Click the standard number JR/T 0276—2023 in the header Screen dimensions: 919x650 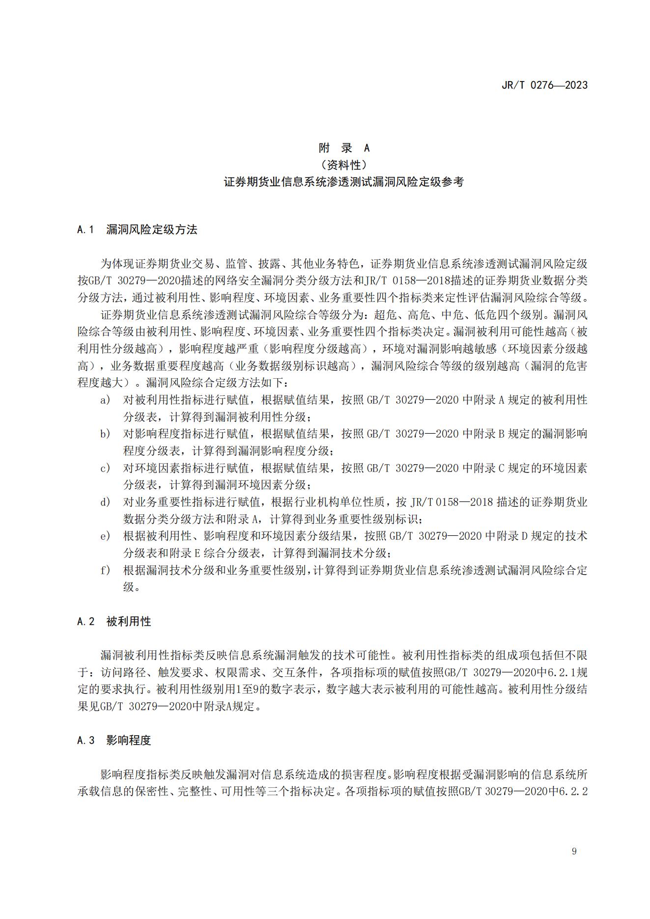pos(544,85)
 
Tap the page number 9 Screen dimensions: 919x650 pos(574,851)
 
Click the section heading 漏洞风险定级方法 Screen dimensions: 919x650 pos(151,229)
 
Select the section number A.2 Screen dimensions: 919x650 pos(86,621)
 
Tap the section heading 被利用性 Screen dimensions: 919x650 pos(129,621)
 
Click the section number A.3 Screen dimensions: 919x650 pos(86,740)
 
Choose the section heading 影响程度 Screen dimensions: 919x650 pos(129,740)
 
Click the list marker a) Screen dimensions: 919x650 pos(105,400)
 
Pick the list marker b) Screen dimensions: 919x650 pos(105,434)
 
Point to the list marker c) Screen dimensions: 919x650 pos(105,468)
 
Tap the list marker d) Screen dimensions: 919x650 pos(105,502)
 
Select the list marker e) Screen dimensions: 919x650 pos(105,536)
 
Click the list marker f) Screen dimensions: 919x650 pos(105,570)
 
